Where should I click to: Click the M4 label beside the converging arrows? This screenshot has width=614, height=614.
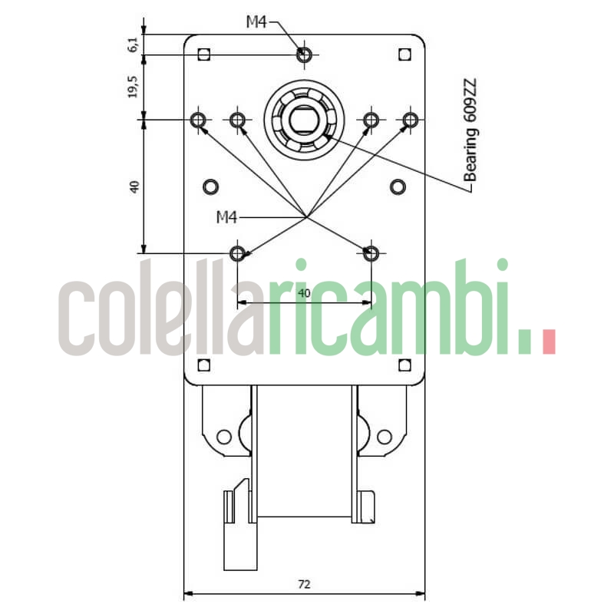click(x=226, y=218)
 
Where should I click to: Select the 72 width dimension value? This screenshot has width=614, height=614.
click(x=304, y=585)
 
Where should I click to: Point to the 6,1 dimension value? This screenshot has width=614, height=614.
click(x=134, y=45)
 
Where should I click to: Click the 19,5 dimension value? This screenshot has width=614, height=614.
click(x=134, y=87)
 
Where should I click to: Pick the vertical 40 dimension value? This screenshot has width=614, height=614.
click(x=134, y=186)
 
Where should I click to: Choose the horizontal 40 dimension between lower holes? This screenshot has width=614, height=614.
click(x=304, y=293)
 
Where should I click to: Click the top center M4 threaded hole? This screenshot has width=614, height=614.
click(x=305, y=54)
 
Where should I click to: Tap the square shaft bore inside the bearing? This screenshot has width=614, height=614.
click(x=305, y=120)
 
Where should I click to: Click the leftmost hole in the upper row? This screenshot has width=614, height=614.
click(x=199, y=120)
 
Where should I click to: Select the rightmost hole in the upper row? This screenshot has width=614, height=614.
click(x=411, y=120)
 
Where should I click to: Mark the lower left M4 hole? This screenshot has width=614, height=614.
click(x=238, y=253)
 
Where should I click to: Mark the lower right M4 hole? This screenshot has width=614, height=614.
click(x=371, y=253)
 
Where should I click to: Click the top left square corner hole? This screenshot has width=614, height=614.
click(x=203, y=54)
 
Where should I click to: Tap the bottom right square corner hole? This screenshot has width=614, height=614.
click(x=405, y=365)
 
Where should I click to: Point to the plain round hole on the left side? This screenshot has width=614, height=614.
click(x=210, y=186)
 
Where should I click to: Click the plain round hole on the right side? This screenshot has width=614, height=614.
click(x=398, y=186)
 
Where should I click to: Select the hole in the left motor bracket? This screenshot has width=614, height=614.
click(x=223, y=437)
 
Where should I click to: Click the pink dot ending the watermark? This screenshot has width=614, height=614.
click(x=548, y=342)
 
